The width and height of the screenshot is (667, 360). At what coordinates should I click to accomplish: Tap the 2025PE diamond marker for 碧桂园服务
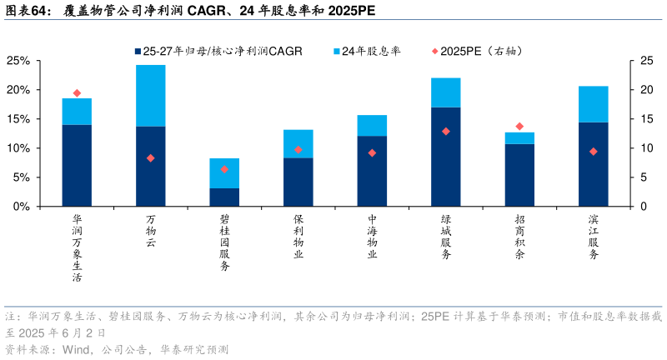(224, 169)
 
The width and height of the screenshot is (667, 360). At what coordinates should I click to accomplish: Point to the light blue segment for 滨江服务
(593, 104)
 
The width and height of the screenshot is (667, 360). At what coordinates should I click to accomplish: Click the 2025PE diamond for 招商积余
(519, 127)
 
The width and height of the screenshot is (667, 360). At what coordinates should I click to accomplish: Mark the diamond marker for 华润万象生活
(77, 93)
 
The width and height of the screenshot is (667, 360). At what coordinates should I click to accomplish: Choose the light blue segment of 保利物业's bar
(298, 143)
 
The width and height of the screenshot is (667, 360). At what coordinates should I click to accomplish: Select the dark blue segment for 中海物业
(372, 171)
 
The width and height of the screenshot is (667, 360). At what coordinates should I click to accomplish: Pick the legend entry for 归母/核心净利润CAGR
(221, 51)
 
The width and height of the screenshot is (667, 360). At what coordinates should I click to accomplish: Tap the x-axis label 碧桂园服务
(224, 242)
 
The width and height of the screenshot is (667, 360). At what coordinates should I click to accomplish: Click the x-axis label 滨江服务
(593, 237)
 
